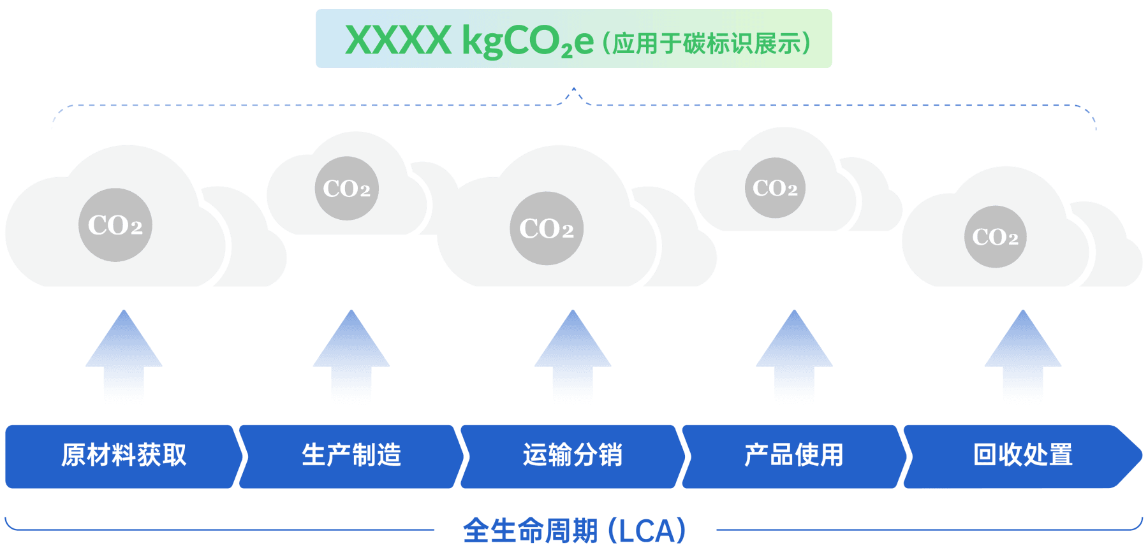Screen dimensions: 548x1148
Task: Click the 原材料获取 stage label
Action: coord(124,456)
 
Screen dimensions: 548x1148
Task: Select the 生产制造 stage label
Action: coord(351,456)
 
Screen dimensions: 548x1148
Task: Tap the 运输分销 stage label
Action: coord(572,456)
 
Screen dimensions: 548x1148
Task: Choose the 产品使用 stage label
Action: coord(793,456)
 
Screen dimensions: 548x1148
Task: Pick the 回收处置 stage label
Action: coord(1023,456)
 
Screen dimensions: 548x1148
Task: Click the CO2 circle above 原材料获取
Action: coord(115,225)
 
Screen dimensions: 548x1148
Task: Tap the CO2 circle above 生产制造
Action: coord(347,189)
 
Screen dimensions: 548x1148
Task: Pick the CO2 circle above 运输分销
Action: coord(547,228)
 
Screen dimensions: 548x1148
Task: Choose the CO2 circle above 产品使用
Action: coord(775,188)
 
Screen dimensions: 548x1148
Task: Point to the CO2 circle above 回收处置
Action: coord(996,237)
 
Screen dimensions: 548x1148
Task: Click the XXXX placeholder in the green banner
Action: coord(398,41)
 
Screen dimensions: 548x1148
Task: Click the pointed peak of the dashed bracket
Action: coord(574,90)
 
